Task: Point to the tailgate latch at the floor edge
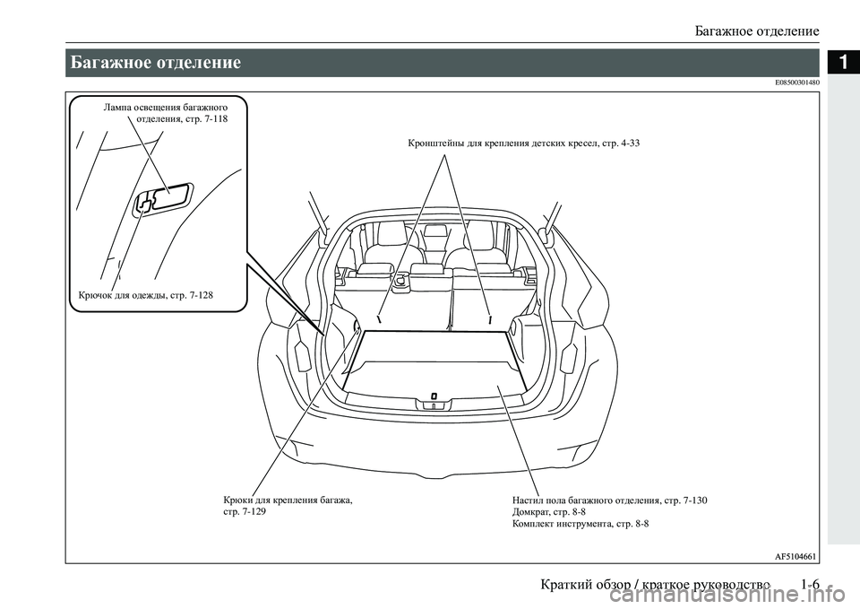[433, 396]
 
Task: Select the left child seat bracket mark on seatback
[380, 318]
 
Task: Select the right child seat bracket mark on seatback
[490, 318]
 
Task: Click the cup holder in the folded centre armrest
[400, 279]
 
